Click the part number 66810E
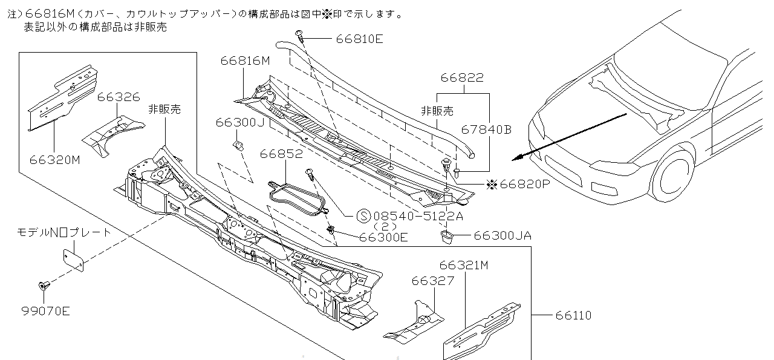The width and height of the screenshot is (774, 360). point(359,39)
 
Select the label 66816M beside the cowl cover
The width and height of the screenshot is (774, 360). point(245,61)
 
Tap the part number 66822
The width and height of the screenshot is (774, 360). point(462,78)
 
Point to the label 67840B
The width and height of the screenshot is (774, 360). point(486,129)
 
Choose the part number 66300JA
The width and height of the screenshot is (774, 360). point(502,235)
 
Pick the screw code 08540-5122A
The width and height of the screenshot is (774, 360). point(417,215)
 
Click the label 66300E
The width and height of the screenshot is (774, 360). point(383,237)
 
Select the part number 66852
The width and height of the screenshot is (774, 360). point(281,154)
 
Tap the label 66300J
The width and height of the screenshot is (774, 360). point(240,122)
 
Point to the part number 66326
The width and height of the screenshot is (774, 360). point(119,97)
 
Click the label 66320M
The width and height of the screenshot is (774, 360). point(54,160)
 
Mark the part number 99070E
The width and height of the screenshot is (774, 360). point(45,312)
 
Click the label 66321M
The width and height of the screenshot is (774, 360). point(464,265)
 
